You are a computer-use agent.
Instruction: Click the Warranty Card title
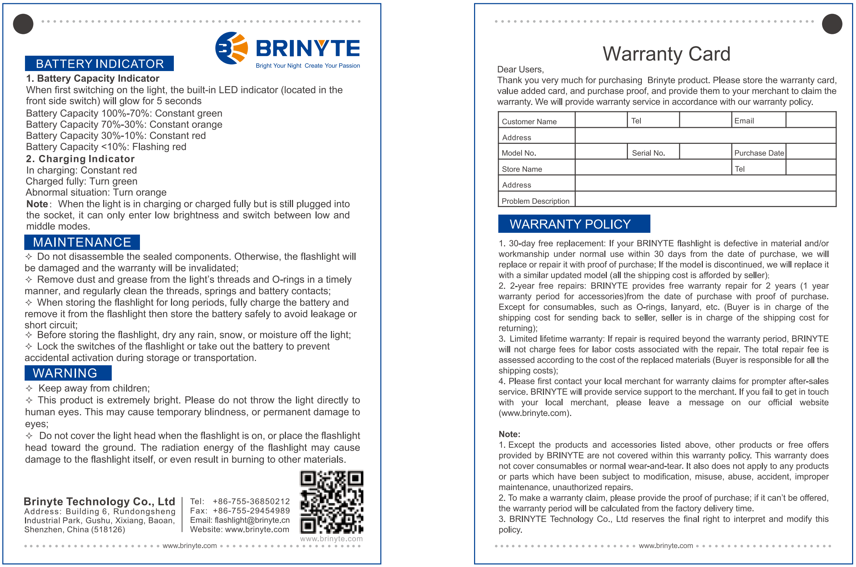tap(666, 54)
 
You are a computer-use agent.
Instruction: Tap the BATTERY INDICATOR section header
tap(99, 64)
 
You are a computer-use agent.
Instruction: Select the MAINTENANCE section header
tap(82, 242)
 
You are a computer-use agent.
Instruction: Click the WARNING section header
tap(65, 373)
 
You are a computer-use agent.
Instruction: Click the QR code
tap(331, 502)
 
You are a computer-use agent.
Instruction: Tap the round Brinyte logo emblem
tap(231, 48)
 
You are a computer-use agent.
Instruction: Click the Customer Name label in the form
tap(529, 121)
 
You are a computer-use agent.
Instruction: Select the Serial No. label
tap(648, 153)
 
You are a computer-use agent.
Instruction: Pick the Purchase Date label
tap(759, 153)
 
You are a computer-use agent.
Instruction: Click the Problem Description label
tap(535, 201)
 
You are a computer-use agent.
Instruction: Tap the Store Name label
tap(522, 169)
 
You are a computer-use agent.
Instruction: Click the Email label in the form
tap(744, 121)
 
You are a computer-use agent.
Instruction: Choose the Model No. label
tap(518, 153)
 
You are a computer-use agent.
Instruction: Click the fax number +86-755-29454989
tap(251, 511)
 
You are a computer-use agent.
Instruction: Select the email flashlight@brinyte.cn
tap(252, 520)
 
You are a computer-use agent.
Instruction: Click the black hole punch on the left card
tap(23, 24)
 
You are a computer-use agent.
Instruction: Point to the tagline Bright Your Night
tap(278, 66)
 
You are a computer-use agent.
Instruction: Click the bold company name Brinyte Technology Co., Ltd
tap(99, 501)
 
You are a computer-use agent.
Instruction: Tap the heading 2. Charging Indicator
tap(80, 159)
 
